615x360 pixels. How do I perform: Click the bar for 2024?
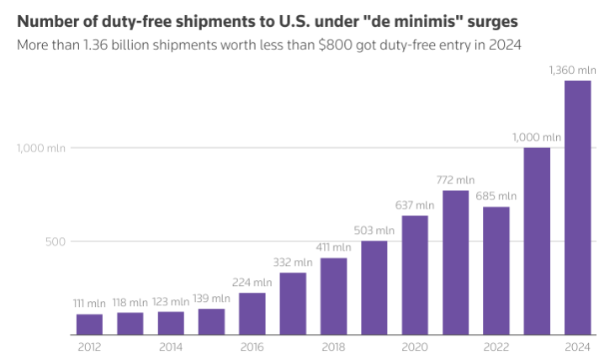pos(577,208)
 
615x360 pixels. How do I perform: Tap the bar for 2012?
pos(89,325)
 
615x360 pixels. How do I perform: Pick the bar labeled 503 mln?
pos(374,288)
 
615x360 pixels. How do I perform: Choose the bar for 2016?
pos(252,314)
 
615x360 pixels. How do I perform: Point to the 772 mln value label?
pos(455,180)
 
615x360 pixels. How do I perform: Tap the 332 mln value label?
pos(292,262)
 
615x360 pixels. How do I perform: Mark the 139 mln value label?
pos(210,299)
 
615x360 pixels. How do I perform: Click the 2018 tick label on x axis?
pos(333,347)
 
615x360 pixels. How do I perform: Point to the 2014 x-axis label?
pos(171,347)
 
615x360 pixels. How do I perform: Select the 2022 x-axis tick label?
pos(496,347)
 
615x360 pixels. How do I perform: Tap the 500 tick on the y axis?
pos(56,241)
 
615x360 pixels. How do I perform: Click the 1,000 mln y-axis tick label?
pos(41,148)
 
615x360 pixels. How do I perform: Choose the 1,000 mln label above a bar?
pos(537,137)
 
